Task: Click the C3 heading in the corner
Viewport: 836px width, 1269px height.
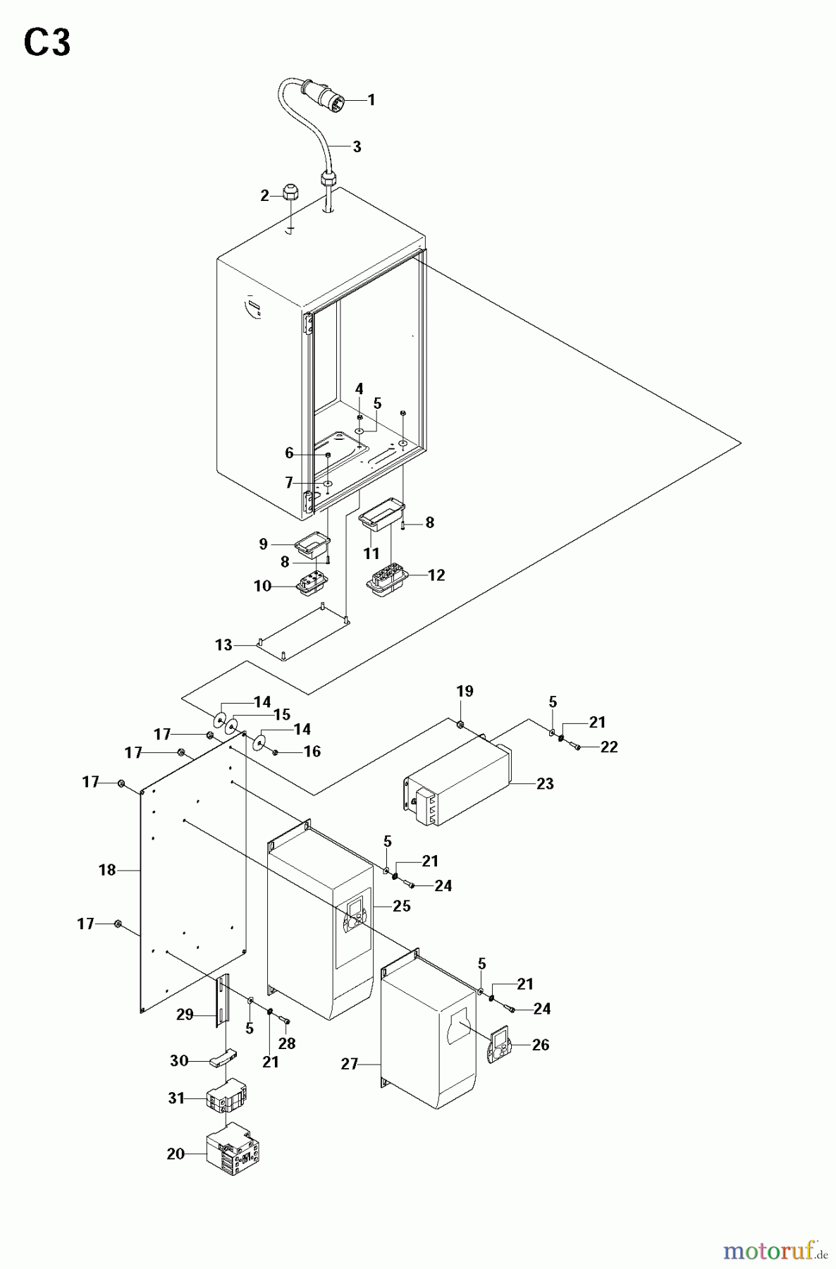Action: [47, 44]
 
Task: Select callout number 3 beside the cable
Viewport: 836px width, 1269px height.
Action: [357, 147]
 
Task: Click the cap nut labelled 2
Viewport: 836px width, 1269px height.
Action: [289, 192]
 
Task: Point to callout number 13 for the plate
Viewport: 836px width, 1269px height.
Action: [223, 645]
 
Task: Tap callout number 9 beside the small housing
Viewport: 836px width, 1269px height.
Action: [263, 544]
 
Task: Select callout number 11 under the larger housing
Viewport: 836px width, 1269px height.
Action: [371, 553]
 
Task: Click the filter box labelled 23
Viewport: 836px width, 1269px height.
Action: [458, 783]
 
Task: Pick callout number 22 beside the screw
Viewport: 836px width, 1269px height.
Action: [610, 747]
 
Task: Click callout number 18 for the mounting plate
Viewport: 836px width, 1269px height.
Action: [106, 870]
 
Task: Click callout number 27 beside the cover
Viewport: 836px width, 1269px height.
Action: [350, 1064]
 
